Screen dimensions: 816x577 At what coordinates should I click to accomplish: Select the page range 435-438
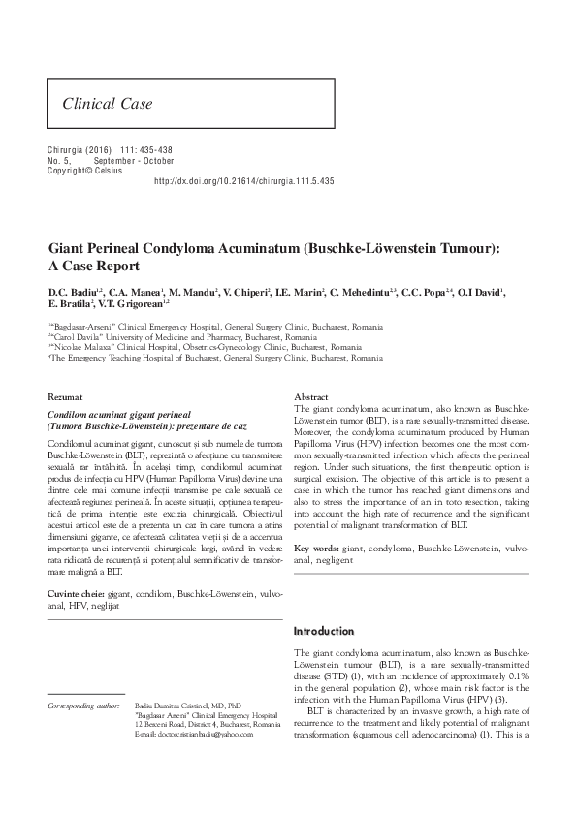tap(151, 151)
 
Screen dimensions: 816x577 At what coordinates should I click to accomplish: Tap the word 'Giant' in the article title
tap(69, 248)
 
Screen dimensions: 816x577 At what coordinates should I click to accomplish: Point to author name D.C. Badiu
tap(74, 292)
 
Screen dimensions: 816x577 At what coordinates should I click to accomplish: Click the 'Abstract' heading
tap(311, 397)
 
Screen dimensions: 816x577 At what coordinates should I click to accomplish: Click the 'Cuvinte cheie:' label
tap(77, 592)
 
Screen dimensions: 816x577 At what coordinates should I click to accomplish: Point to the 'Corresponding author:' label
tap(81, 706)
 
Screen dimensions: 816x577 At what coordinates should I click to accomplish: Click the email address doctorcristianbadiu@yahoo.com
tap(199, 736)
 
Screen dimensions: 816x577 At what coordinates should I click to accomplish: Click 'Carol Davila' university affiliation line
tap(185, 336)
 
